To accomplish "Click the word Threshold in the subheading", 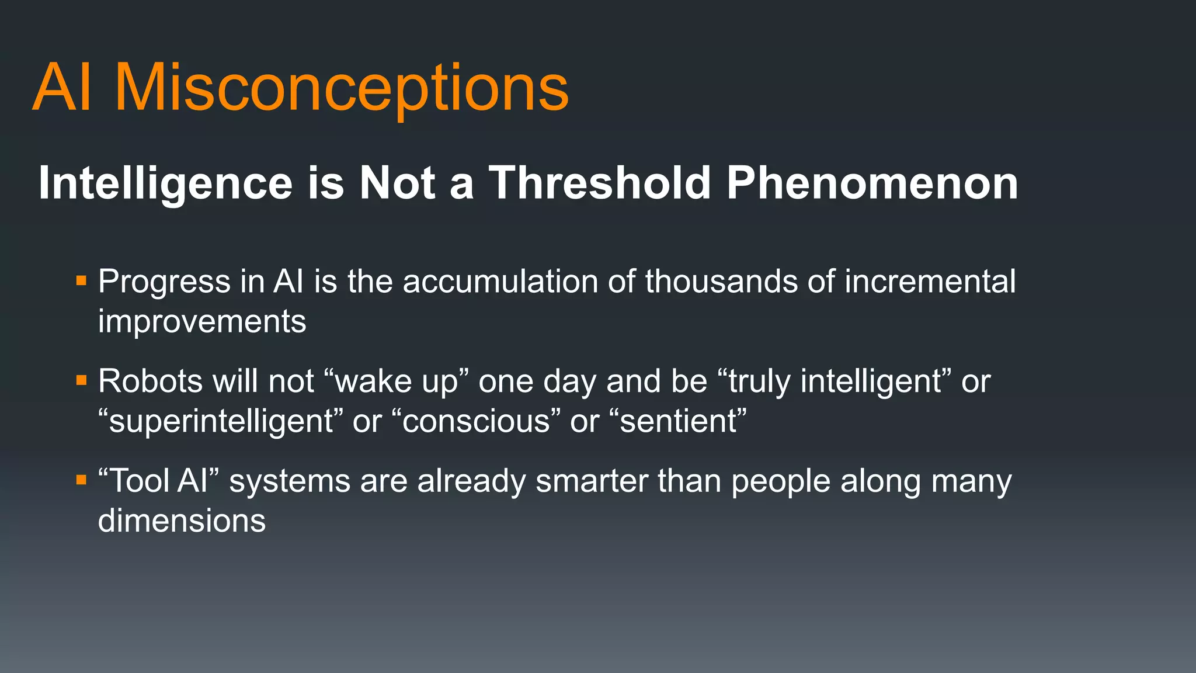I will pyautogui.click(x=599, y=183).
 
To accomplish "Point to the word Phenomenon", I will pyautogui.click(x=872, y=183).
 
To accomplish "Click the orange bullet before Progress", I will pyautogui.click(x=81, y=282).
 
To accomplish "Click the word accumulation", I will pyautogui.click(x=500, y=282).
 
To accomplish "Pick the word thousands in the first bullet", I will pyautogui.click(x=721, y=282).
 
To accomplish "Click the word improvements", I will pyautogui.click(x=202, y=322).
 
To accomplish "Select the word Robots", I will pyautogui.click(x=150, y=381).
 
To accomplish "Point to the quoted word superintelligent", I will pyautogui.click(x=221, y=422).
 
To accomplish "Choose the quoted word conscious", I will pyautogui.click(x=476, y=422).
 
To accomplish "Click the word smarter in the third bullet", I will pyautogui.click(x=592, y=482).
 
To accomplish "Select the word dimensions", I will pyautogui.click(x=182, y=521).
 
